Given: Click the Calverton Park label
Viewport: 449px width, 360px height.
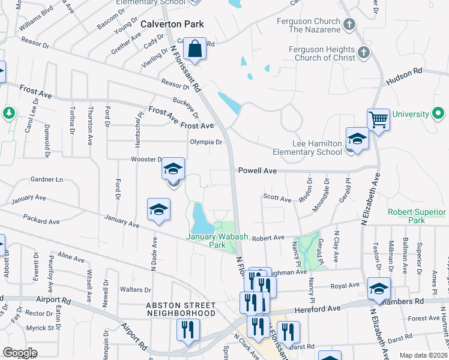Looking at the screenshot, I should tap(172, 24).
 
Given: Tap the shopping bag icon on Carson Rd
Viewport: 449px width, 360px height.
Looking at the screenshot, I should tap(196, 49).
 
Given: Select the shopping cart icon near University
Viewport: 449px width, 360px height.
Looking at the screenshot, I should tap(378, 119).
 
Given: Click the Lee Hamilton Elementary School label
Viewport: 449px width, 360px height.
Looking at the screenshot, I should tap(308, 148).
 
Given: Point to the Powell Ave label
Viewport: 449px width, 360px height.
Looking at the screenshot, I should tap(258, 171).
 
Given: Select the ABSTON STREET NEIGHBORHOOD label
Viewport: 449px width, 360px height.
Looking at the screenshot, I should tap(181, 309).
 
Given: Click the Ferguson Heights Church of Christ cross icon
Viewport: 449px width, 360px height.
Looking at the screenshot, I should tap(363, 53).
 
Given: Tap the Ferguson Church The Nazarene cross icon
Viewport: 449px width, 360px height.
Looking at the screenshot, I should tap(351, 24).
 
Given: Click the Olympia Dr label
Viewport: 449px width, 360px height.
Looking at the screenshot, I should tap(206, 143).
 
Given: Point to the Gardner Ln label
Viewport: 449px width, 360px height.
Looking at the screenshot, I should tap(46, 179).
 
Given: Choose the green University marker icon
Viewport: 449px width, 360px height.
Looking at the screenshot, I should tap(438, 113).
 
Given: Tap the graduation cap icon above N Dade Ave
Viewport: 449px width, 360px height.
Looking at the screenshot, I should tap(158, 209).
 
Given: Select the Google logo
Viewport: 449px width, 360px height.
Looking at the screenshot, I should tap(20, 353).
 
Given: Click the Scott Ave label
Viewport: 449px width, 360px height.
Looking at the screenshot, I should tap(277, 199).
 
